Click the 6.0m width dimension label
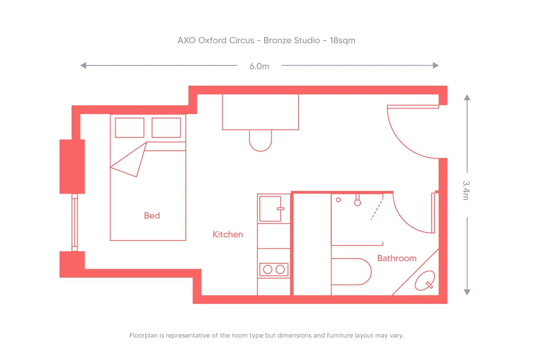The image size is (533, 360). [259, 66]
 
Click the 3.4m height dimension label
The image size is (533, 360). [466, 190]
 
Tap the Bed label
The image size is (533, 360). [152, 216]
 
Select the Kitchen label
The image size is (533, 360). [228, 234]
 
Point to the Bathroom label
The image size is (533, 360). [397, 258]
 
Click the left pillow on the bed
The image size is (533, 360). [130, 127]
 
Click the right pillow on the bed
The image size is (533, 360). [166, 127]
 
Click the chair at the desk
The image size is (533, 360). [261, 141]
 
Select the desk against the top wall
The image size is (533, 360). [261, 112]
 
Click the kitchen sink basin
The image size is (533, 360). [270, 209]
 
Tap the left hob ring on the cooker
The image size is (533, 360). [268, 269]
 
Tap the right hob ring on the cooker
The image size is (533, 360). [280, 269]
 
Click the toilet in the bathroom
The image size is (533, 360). [351, 272]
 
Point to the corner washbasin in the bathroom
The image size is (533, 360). [425, 281]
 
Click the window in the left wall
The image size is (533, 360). [75, 222]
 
